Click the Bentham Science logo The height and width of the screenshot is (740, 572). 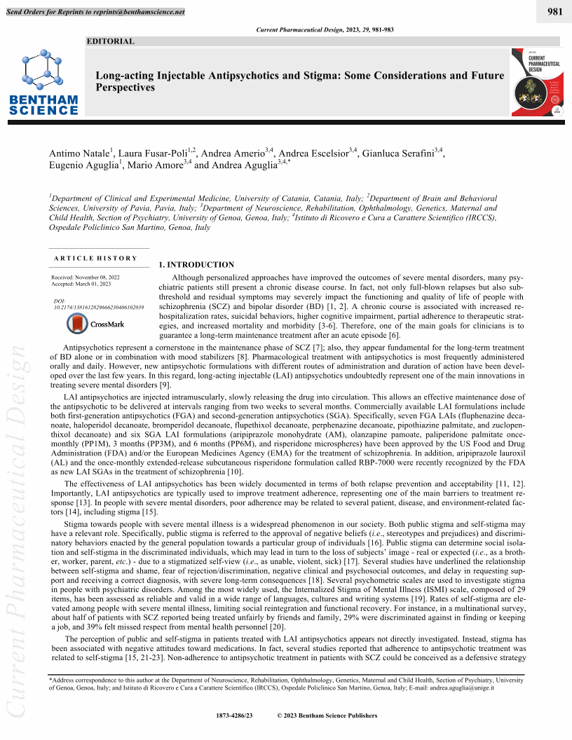pos(44,83)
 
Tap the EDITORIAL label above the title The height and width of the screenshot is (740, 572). pos(110,41)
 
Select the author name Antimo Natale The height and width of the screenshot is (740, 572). pos(78,153)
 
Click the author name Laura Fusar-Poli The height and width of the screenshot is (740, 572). pos(152,153)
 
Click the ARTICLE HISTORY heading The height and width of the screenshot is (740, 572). pos(95,258)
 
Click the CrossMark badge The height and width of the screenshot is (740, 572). pos(95,324)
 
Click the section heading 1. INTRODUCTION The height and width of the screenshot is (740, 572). pos(196,265)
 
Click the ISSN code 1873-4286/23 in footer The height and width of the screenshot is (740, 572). pos(235,715)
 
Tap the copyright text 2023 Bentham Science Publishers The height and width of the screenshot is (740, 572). pos(332,715)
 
